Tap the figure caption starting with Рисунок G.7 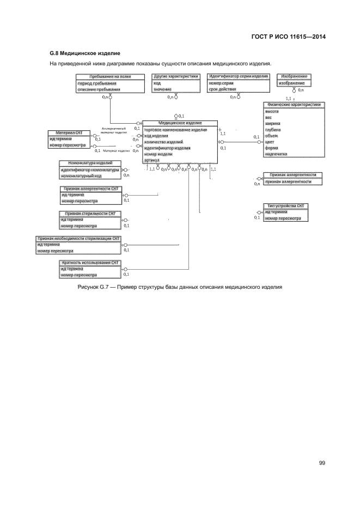tap(180, 287)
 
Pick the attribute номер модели tap(158, 154)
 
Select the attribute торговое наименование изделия tap(175, 130)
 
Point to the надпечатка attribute tap(276, 154)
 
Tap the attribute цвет tap(270, 142)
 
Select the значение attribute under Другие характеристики tap(163, 89)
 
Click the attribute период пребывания tap(97, 83)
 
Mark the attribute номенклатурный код tap(81, 176)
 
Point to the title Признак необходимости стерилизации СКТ tap(78, 239)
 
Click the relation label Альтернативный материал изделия tap(114, 130)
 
